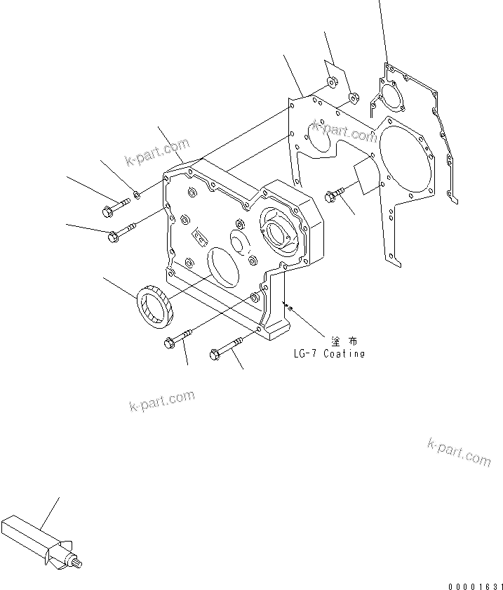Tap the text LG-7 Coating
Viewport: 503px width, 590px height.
click(x=329, y=353)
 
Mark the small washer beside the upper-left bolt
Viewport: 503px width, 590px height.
click(x=138, y=194)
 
